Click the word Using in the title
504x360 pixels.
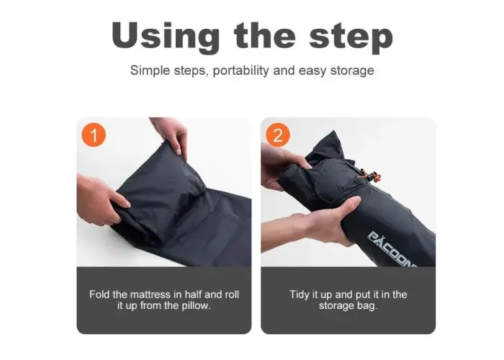click(166, 36)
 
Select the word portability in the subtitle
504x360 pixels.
click(240, 71)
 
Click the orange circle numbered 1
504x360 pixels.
click(94, 135)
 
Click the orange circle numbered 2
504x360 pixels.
click(278, 135)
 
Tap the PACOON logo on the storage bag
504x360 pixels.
click(392, 249)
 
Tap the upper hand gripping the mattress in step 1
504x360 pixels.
click(171, 137)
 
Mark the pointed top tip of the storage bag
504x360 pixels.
click(334, 131)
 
